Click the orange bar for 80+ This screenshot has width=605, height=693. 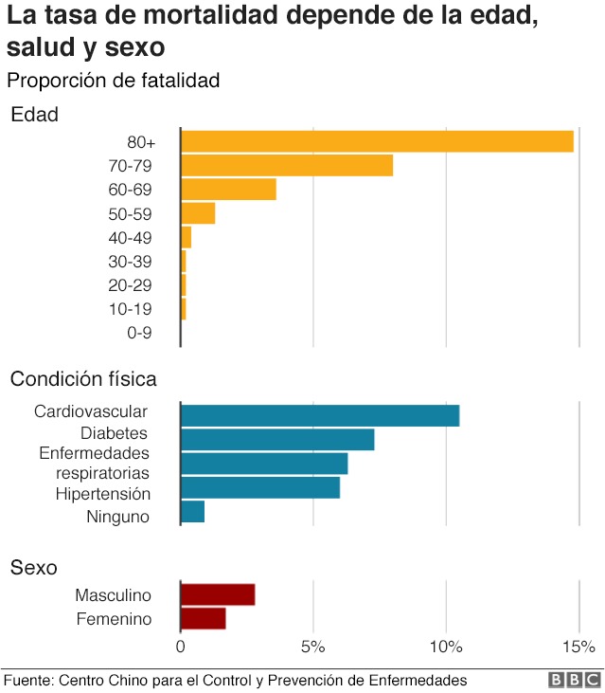coord(377,141)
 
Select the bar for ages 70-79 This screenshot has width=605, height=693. coord(286,166)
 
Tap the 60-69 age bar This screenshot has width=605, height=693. coord(228,190)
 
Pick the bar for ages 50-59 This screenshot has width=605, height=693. coord(198,213)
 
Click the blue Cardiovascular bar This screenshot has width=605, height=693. coord(320,415)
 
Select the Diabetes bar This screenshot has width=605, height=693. coord(277,440)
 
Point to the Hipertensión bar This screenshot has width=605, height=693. coord(260,488)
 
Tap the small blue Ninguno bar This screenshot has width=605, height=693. coord(192,512)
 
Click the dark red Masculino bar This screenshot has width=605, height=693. coord(218,594)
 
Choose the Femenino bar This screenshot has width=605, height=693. coord(204,619)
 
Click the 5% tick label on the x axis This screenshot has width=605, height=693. coord(313,647)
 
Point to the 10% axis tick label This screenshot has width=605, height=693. coord(446,647)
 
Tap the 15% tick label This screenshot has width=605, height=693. coord(578,647)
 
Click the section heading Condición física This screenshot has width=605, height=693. coord(83,379)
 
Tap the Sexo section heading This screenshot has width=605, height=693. coord(33,568)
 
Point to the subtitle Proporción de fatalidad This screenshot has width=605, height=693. coord(114,81)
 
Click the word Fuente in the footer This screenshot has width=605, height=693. coord(27,681)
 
